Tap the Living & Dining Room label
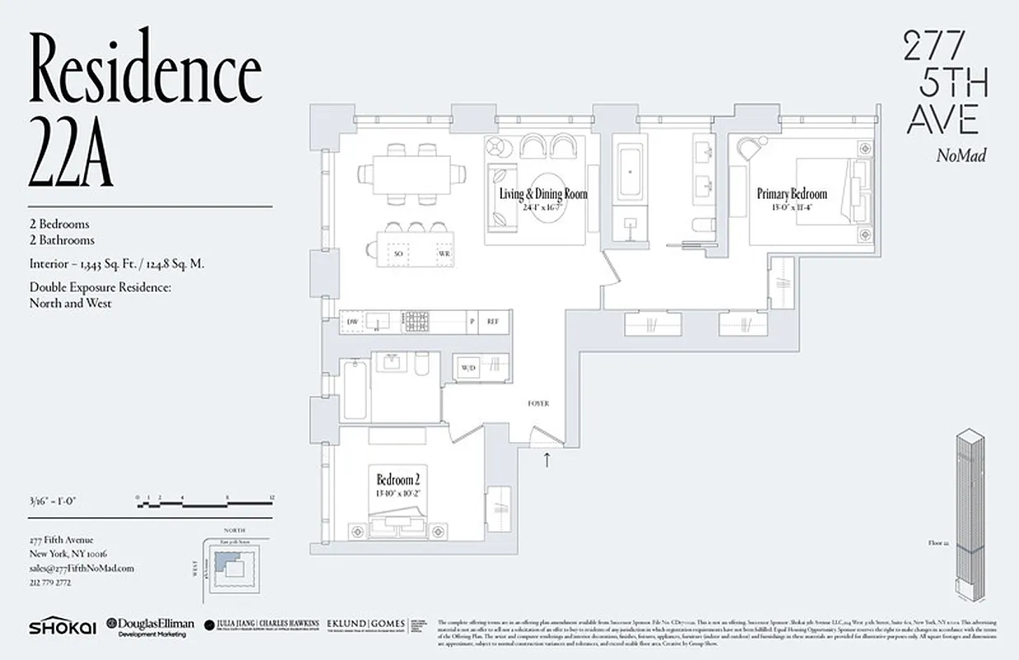[543, 195]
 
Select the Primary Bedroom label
[791, 195]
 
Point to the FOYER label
[538, 403]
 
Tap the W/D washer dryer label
[468, 367]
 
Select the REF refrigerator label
[493, 321]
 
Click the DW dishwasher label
[352, 321]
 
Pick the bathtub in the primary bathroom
[631, 172]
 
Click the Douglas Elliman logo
[152, 626]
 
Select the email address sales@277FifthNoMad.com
[81, 568]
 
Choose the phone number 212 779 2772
[49, 582]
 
